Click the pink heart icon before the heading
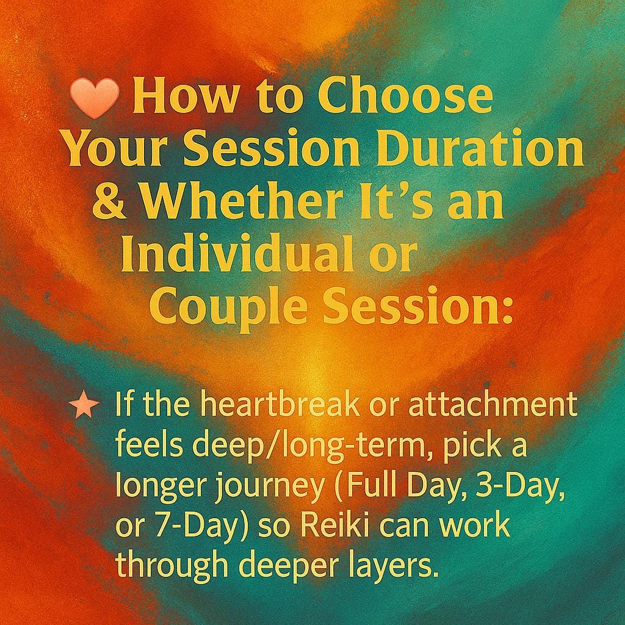[x=94, y=99]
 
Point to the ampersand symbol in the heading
[x=108, y=203]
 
